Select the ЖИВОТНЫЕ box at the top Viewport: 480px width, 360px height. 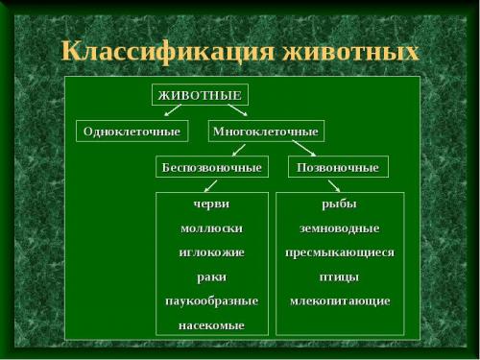[x=200, y=95]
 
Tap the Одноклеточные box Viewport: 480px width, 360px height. [x=131, y=131]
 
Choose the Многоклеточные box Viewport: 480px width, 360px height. [x=266, y=131]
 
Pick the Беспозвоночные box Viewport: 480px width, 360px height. [x=211, y=167]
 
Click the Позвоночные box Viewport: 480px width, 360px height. [x=339, y=167]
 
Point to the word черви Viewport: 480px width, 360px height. [x=211, y=204]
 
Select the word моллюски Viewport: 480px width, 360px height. [x=211, y=228]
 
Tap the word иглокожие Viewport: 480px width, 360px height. [x=211, y=252]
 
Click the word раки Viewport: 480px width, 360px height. [x=211, y=276]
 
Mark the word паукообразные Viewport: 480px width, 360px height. [x=211, y=300]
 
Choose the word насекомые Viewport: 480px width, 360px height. [x=211, y=325]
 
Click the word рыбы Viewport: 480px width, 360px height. [x=339, y=204]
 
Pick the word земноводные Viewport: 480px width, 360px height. [x=339, y=228]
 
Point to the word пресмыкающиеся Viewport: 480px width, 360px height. [x=339, y=252]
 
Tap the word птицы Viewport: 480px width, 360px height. [x=339, y=276]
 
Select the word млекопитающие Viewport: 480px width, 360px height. [x=339, y=300]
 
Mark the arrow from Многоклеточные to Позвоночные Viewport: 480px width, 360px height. [x=302, y=149]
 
